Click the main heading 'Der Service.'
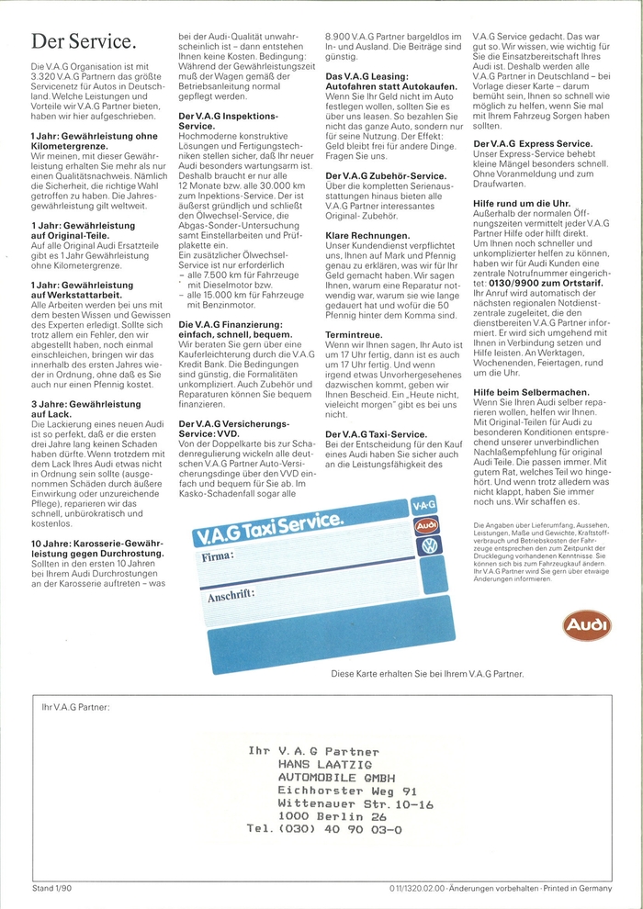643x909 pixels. [x=84, y=42]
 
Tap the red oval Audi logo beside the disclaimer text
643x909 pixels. [x=586, y=626]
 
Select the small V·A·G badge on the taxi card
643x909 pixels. [x=423, y=505]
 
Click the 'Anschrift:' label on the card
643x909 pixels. [x=230, y=595]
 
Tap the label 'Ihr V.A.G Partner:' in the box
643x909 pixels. [x=75, y=707]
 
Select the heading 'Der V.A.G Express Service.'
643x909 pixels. [x=533, y=144]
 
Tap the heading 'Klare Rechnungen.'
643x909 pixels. [x=367, y=236]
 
